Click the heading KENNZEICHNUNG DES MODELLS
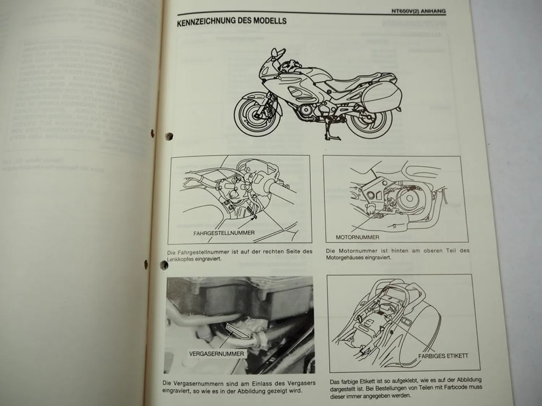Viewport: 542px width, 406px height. [x=232, y=21]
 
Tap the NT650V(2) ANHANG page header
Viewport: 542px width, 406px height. [x=418, y=11]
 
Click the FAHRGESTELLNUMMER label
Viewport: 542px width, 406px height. [x=224, y=233]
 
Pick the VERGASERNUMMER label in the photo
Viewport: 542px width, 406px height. [x=216, y=354]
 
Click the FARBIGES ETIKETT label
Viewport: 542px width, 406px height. [x=443, y=356]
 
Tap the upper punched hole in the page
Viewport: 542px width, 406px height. [x=169, y=136]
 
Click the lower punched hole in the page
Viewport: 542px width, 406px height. [x=164, y=266]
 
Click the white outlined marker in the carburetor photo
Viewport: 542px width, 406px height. [x=237, y=331]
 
